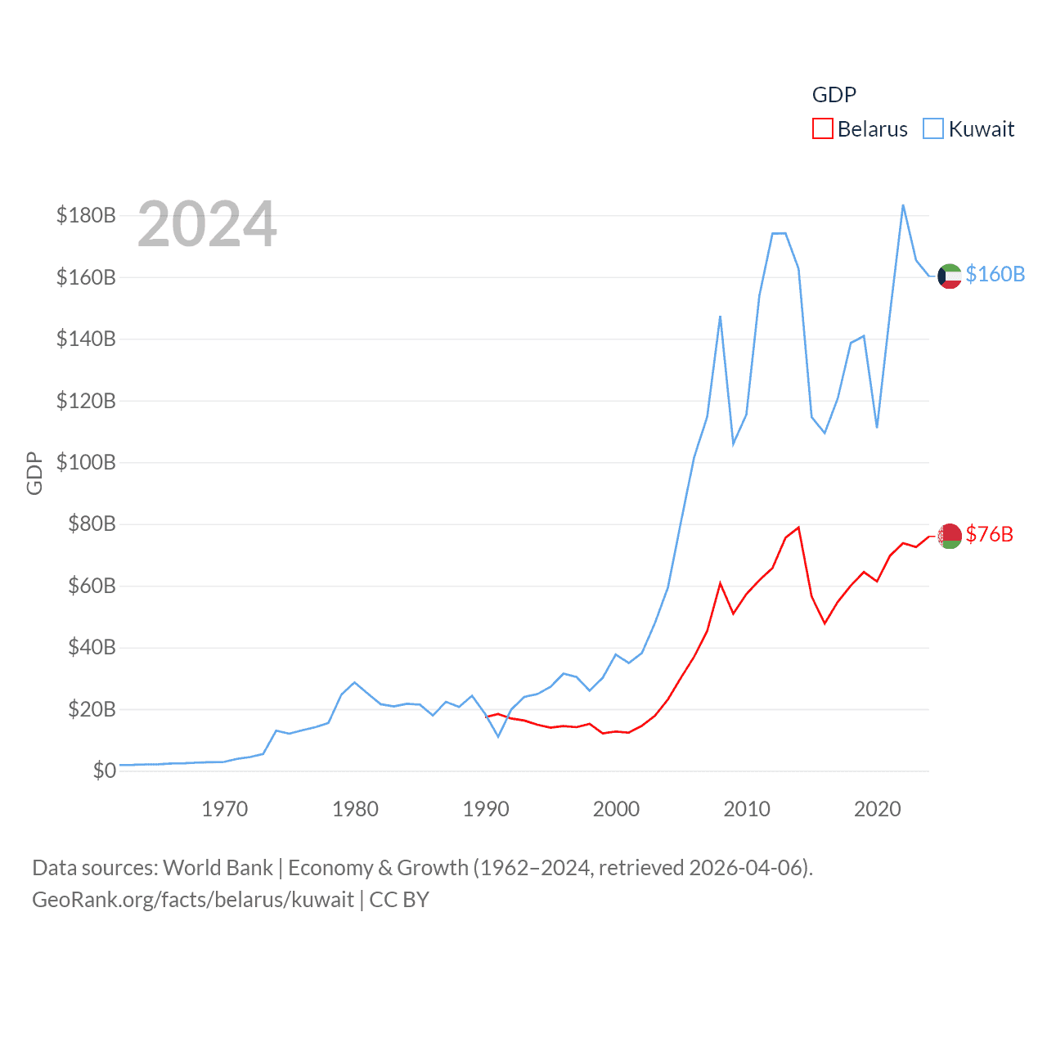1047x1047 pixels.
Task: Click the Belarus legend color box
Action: [x=822, y=129]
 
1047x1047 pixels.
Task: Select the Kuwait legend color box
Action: [x=933, y=129]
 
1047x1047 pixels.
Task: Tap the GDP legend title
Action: [x=834, y=95]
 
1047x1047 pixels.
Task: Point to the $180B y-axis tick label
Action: [x=86, y=215]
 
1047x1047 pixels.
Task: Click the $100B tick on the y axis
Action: [x=86, y=462]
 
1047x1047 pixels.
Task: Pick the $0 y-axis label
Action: [x=104, y=771]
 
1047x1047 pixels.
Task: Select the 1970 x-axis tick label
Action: [x=224, y=809]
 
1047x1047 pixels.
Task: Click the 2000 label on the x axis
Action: [x=616, y=809]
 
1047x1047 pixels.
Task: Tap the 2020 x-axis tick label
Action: [x=877, y=809]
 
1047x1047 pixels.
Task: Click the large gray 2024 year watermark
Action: [x=207, y=224]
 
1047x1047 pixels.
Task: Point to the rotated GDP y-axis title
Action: [x=34, y=473]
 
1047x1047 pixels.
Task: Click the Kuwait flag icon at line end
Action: [x=949, y=276]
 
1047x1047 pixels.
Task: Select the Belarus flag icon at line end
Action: [x=949, y=536]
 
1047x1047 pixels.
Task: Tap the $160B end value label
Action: [x=995, y=274]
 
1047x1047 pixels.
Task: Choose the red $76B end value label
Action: [x=989, y=534]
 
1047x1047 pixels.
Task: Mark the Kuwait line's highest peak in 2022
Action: [x=903, y=205]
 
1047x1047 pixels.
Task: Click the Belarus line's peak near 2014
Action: [x=798, y=528]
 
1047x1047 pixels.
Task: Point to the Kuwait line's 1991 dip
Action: [x=498, y=736]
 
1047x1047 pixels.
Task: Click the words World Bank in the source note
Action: [x=218, y=867]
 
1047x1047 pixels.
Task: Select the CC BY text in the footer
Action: [x=399, y=900]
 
